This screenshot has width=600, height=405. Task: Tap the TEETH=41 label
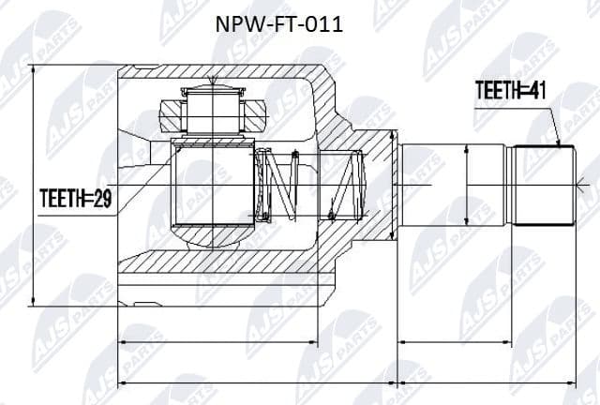511,91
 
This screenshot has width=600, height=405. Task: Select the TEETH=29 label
74,198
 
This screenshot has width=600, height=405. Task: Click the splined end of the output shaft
542,187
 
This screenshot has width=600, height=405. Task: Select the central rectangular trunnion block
213,185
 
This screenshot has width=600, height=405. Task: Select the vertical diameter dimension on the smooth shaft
466,187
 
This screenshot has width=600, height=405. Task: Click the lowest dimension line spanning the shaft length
487,383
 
